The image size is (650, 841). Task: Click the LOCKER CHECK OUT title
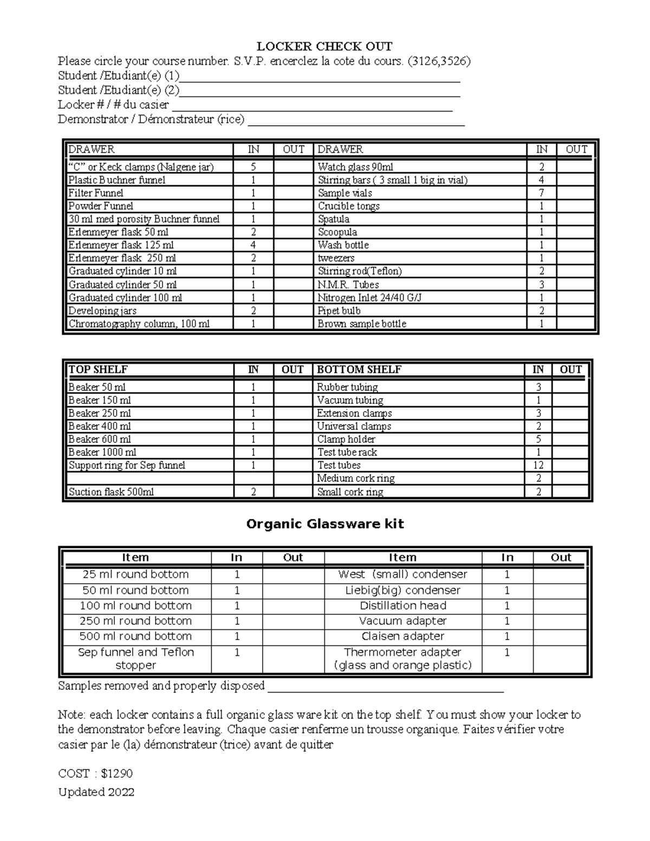click(324, 46)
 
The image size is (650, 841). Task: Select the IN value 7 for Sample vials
click(541, 193)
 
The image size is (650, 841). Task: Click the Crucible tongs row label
click(349, 206)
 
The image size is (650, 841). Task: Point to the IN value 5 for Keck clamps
click(253, 167)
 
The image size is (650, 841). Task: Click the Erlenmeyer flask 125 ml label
click(121, 245)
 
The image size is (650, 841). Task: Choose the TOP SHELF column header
click(98, 370)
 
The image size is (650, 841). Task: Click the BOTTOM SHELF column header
click(359, 370)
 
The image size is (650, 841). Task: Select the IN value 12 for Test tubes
click(538, 465)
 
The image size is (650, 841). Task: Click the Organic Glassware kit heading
click(325, 524)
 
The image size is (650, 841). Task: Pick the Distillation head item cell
click(403, 606)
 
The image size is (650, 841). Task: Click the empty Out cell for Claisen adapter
click(560, 636)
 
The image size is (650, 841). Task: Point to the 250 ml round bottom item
click(135, 621)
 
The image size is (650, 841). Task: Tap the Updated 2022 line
click(96, 792)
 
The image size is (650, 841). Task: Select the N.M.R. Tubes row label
click(348, 285)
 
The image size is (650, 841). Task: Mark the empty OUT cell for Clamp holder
click(570, 439)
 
